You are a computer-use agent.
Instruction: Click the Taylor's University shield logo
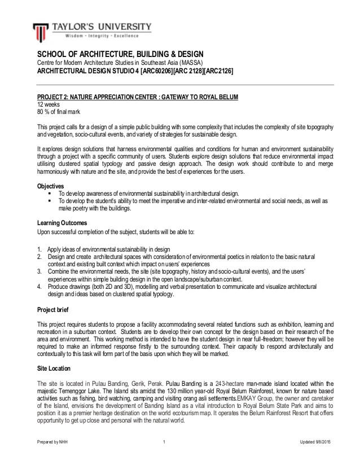pos(40,32)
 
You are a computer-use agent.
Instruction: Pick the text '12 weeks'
pos(48,104)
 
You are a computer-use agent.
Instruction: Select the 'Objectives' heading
pos(50,186)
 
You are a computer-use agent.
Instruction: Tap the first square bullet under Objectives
pos(50,194)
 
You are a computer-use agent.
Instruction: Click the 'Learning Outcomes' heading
pos(62,223)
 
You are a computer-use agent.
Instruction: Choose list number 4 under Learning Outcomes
pos(39,286)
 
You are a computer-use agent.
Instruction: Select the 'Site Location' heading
pos(55,368)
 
